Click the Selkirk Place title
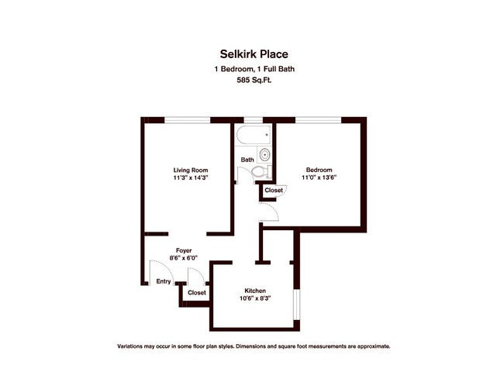click(x=254, y=54)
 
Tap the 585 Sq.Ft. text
click(x=254, y=81)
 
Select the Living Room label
click(x=191, y=170)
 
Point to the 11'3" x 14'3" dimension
click(x=192, y=177)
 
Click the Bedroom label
click(x=319, y=170)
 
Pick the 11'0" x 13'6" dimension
click(x=319, y=177)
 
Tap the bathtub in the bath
click(x=254, y=135)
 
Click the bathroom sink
click(x=264, y=155)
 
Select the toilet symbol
click(x=261, y=172)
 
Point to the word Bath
click(x=247, y=160)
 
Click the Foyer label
click(x=184, y=250)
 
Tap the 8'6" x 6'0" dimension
click(x=183, y=257)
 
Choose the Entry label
click(x=164, y=281)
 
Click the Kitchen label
click(x=255, y=291)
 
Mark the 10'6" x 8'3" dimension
click(x=255, y=298)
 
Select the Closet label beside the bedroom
click(x=274, y=190)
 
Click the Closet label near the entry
click(x=197, y=293)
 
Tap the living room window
click(x=188, y=120)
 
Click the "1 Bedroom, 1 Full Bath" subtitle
click(x=254, y=69)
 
